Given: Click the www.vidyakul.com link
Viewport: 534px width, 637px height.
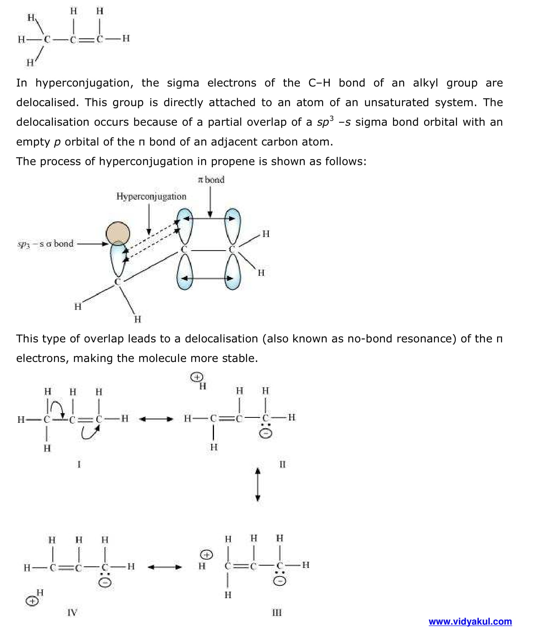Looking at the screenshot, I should [x=470, y=621].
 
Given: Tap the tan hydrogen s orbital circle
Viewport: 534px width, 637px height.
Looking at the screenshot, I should [x=118, y=234].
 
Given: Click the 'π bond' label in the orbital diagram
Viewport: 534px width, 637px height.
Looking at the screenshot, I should [x=211, y=180].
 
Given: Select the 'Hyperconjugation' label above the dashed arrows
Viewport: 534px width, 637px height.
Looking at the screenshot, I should [x=151, y=196].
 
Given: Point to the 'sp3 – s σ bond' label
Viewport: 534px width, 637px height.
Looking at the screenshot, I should [x=45, y=244].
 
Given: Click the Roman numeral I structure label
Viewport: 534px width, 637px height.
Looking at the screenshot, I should [x=79, y=464].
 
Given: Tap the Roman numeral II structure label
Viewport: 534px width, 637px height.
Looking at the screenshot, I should [x=282, y=464].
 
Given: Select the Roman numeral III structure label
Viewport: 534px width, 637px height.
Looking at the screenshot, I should [x=277, y=613].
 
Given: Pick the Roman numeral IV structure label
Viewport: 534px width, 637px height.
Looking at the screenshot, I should [x=72, y=613].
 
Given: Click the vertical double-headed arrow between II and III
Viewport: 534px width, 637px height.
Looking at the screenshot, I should [x=257, y=484].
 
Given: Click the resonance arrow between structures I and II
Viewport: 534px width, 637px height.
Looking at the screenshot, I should [x=156, y=419].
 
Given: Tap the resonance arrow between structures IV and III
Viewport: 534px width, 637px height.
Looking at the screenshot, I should [x=164, y=567].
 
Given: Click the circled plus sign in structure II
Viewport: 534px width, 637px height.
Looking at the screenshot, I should [x=197, y=377].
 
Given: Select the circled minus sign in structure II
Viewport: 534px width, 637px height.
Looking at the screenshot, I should [x=266, y=433].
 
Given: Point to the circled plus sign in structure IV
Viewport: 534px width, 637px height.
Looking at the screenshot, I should [x=32, y=601].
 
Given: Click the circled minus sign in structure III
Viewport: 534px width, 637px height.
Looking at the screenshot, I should [x=280, y=581].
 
